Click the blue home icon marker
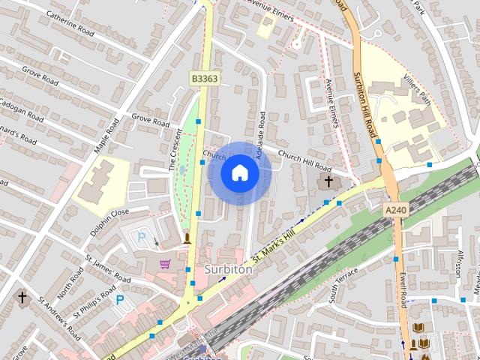tap(240, 173)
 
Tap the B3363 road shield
tap(204, 78)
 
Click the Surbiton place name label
tap(227, 269)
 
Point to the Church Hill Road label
tap(304, 158)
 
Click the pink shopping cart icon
tap(165, 264)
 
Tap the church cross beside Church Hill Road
tap(328, 181)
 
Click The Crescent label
tap(177, 151)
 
